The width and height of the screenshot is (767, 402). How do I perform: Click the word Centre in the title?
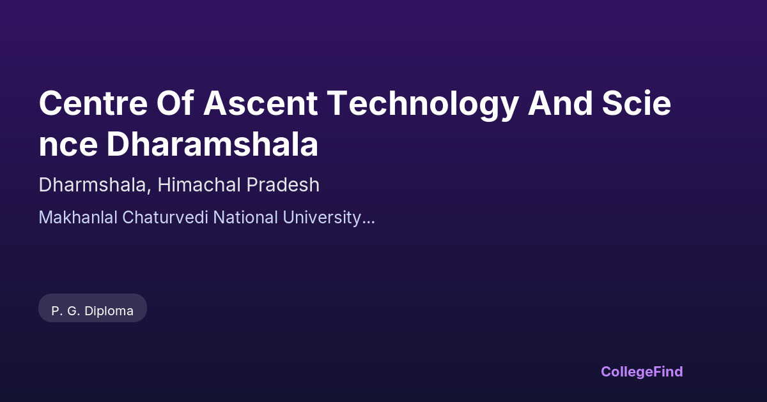click(x=93, y=103)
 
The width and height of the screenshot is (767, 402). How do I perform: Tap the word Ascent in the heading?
click(x=261, y=103)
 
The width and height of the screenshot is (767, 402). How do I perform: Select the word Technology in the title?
click(x=423, y=105)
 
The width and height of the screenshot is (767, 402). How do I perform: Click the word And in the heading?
click(x=560, y=103)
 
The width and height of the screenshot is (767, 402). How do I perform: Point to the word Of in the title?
click(x=175, y=103)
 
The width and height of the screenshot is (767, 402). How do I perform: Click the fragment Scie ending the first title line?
click(x=637, y=103)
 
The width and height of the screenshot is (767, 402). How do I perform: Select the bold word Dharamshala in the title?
click(x=213, y=144)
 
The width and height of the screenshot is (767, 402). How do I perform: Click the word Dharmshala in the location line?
click(x=93, y=185)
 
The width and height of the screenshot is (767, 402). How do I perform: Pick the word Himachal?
click(x=199, y=185)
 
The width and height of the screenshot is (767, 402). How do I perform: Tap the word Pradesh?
click(x=283, y=185)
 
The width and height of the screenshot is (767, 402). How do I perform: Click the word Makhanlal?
click(x=78, y=218)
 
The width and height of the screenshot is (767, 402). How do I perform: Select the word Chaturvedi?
click(x=165, y=218)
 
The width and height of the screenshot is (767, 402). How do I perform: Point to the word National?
click(x=245, y=218)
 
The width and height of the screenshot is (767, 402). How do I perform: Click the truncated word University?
click(x=322, y=219)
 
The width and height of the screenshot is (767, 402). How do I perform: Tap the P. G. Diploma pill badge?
click(x=93, y=308)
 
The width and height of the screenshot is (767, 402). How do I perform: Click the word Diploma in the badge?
click(x=109, y=311)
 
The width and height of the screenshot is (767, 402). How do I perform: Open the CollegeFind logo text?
click(x=642, y=372)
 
